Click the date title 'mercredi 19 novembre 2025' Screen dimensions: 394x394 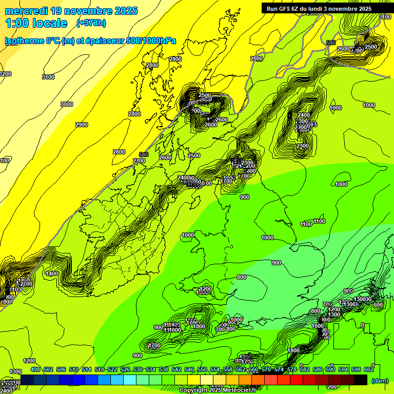coord(71,11)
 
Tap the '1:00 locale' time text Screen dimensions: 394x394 coord(36,23)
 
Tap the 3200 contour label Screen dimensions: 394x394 coord(5,74)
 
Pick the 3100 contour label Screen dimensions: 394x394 coord(48,77)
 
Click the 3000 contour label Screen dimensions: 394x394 coord(67,104)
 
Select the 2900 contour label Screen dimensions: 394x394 coord(81,125)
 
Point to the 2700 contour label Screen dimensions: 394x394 coord(139,161)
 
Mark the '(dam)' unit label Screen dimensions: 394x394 coord(380,381)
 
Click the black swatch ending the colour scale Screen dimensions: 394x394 coord(361,379)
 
